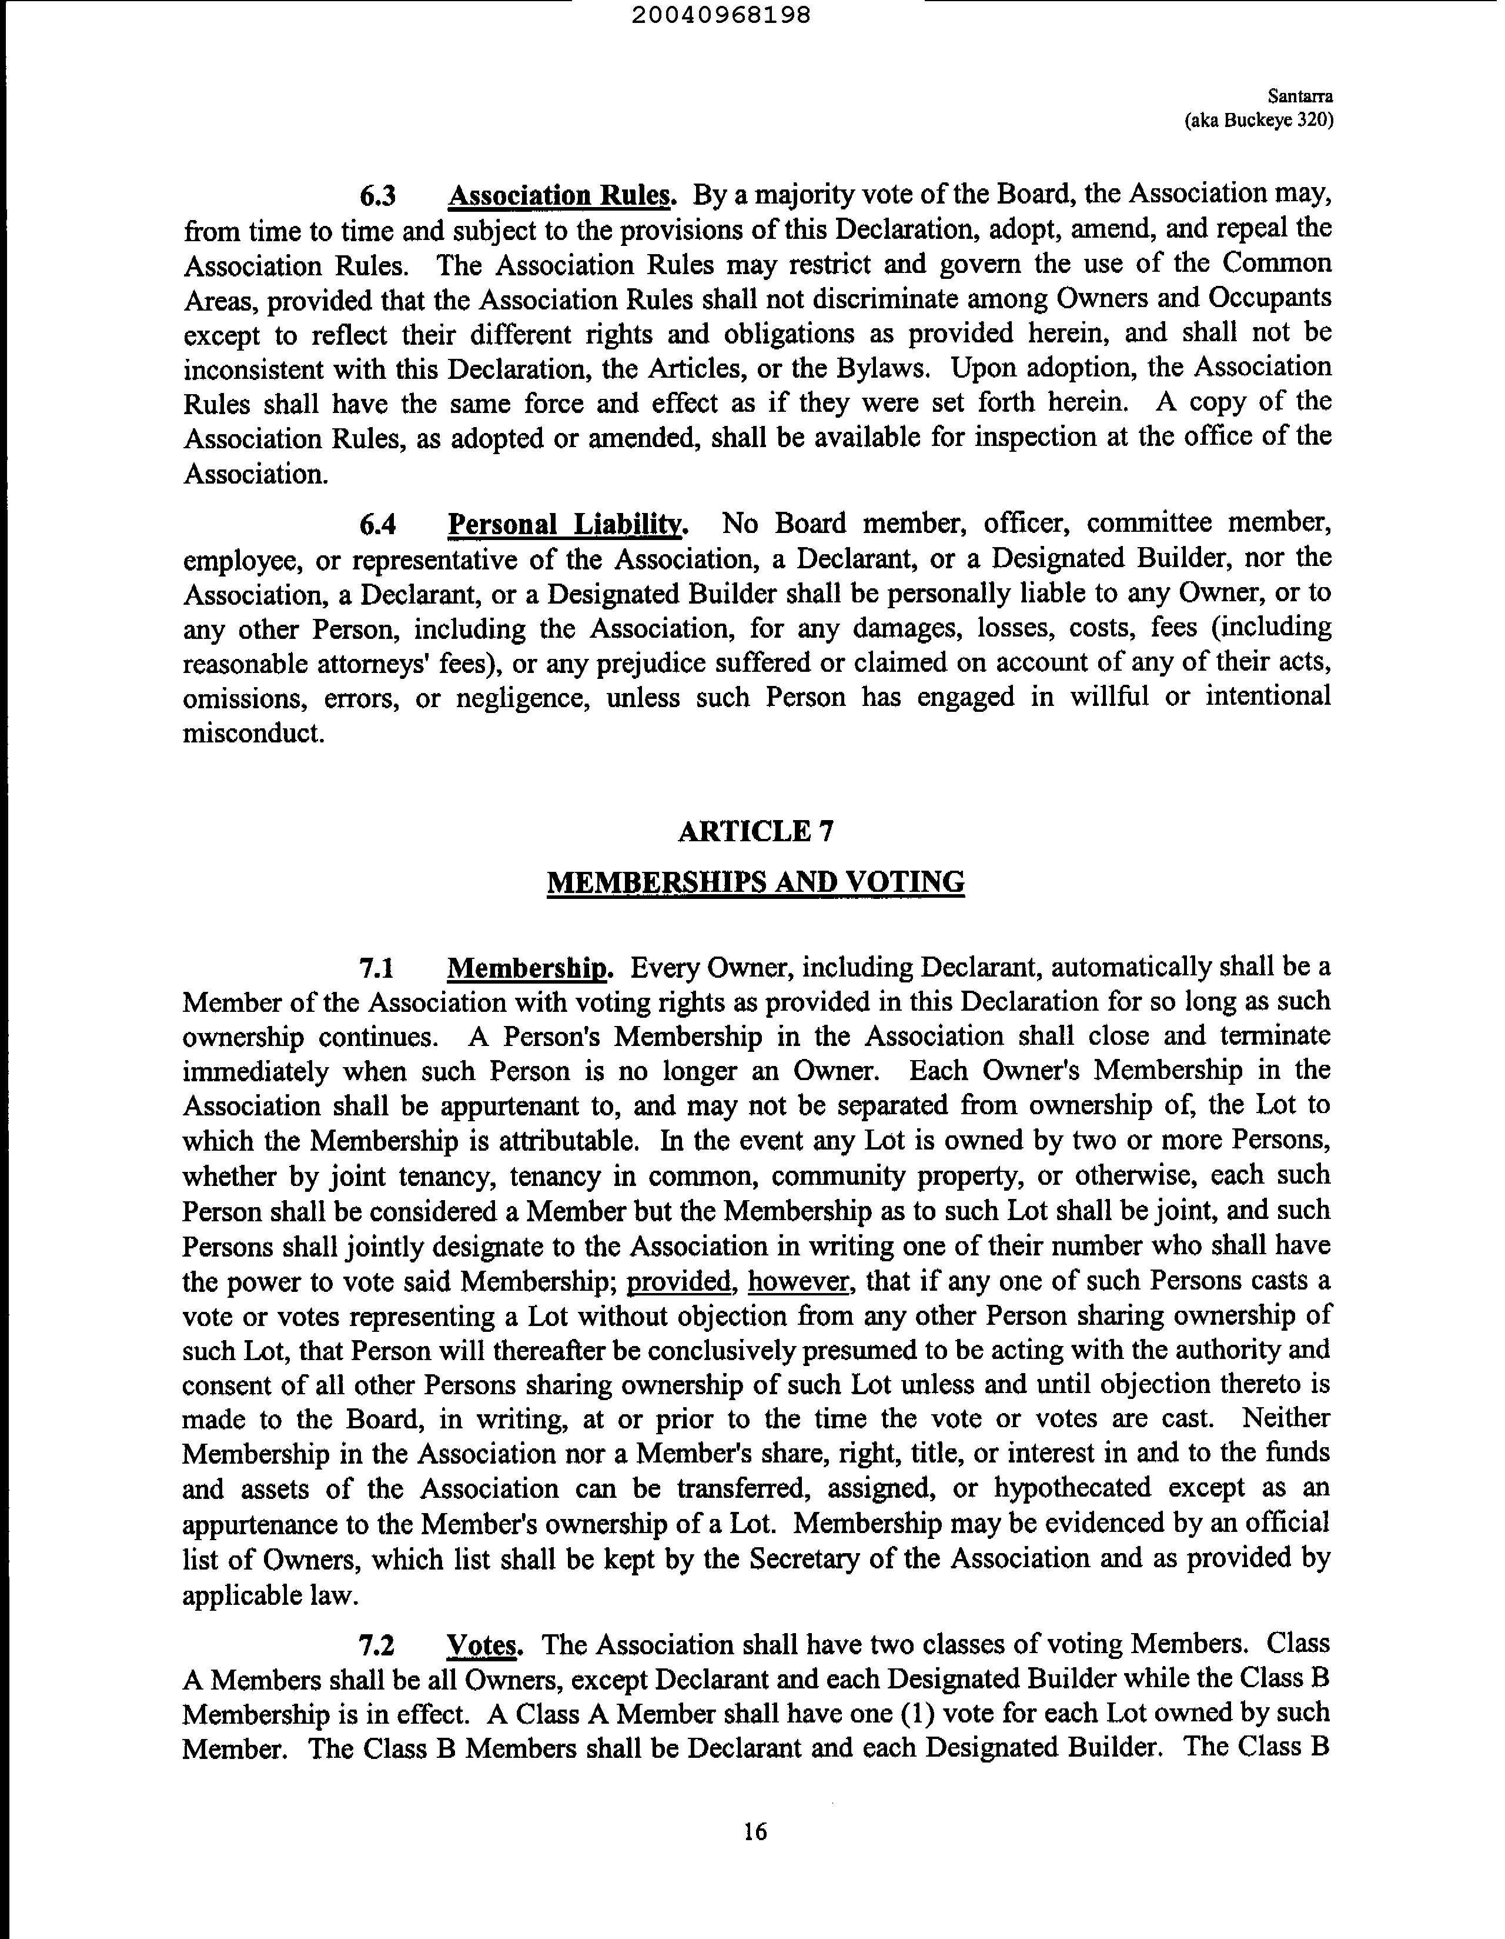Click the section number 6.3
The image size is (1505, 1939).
(x=378, y=195)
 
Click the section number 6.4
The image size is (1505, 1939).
(x=378, y=525)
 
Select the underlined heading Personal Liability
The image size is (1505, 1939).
(x=568, y=525)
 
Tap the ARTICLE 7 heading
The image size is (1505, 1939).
(x=755, y=831)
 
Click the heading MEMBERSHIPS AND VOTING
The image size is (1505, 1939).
(x=755, y=882)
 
